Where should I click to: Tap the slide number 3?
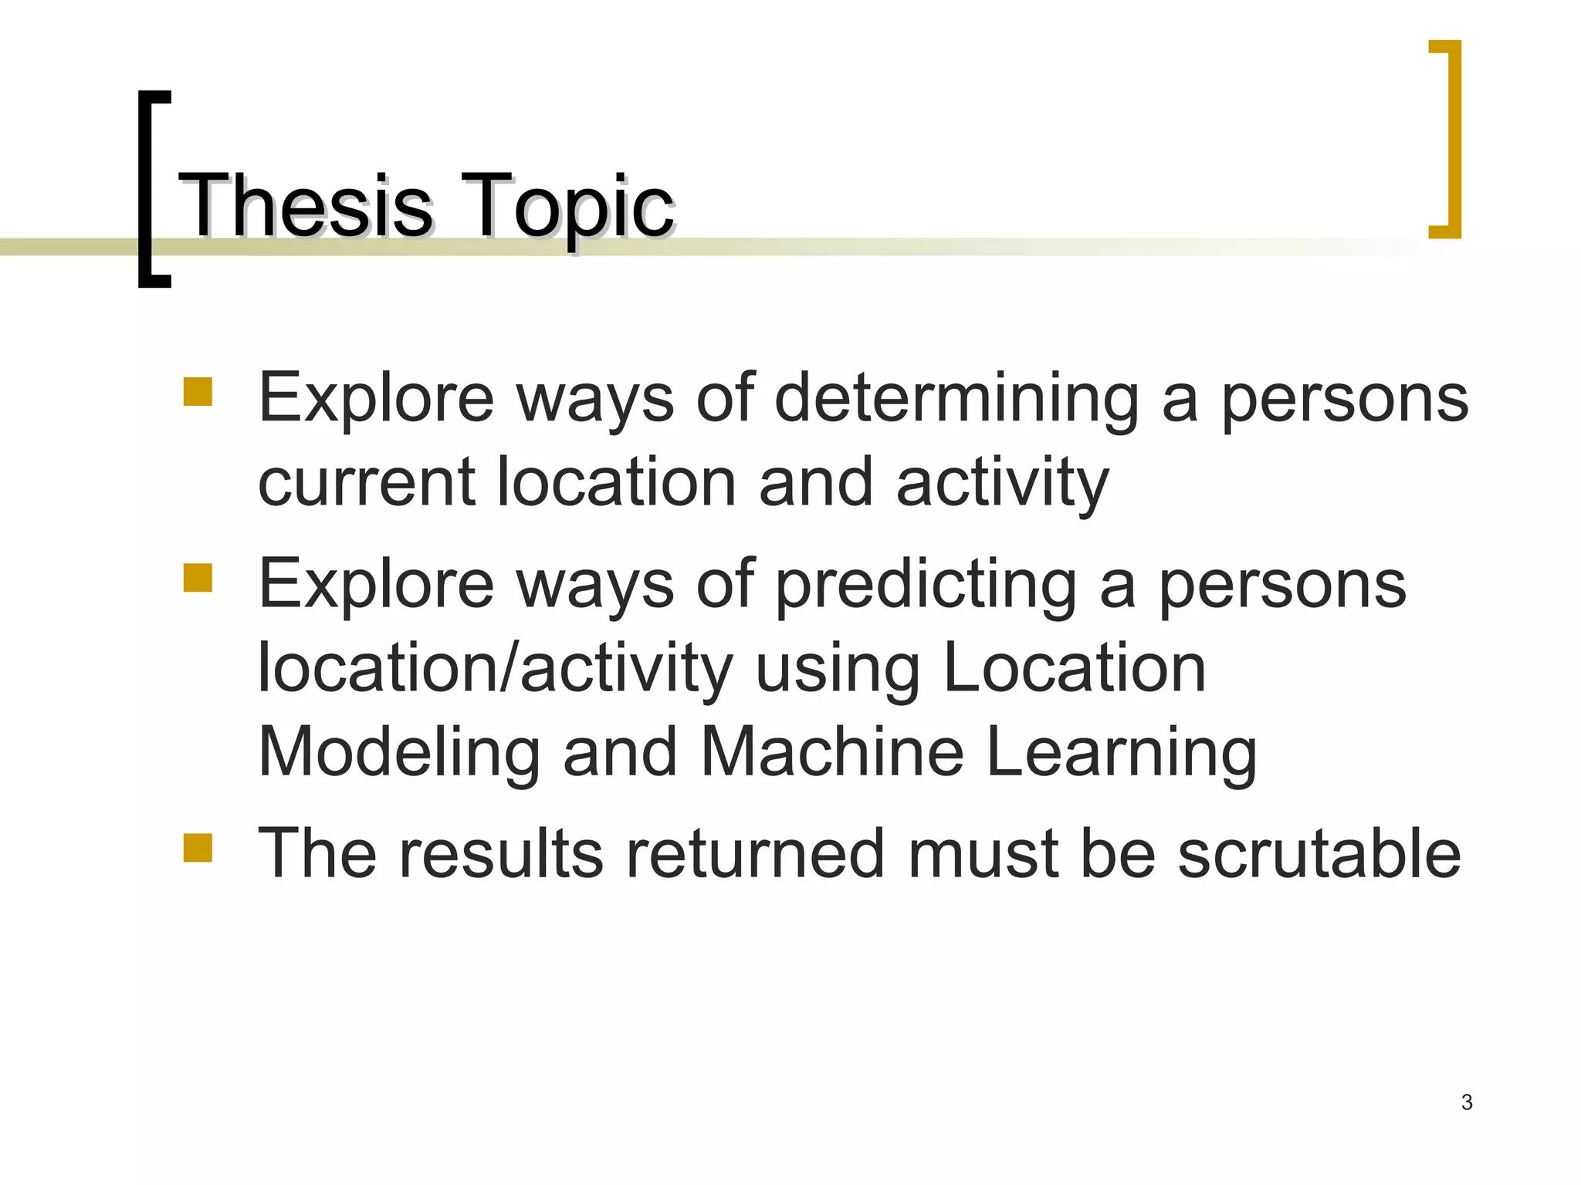1467,1102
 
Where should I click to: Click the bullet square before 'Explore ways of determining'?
198,391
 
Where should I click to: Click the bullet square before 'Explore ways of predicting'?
198,577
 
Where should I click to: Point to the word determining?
956,400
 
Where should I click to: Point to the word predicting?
926,585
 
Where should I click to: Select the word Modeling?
398,752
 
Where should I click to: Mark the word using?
838,670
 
